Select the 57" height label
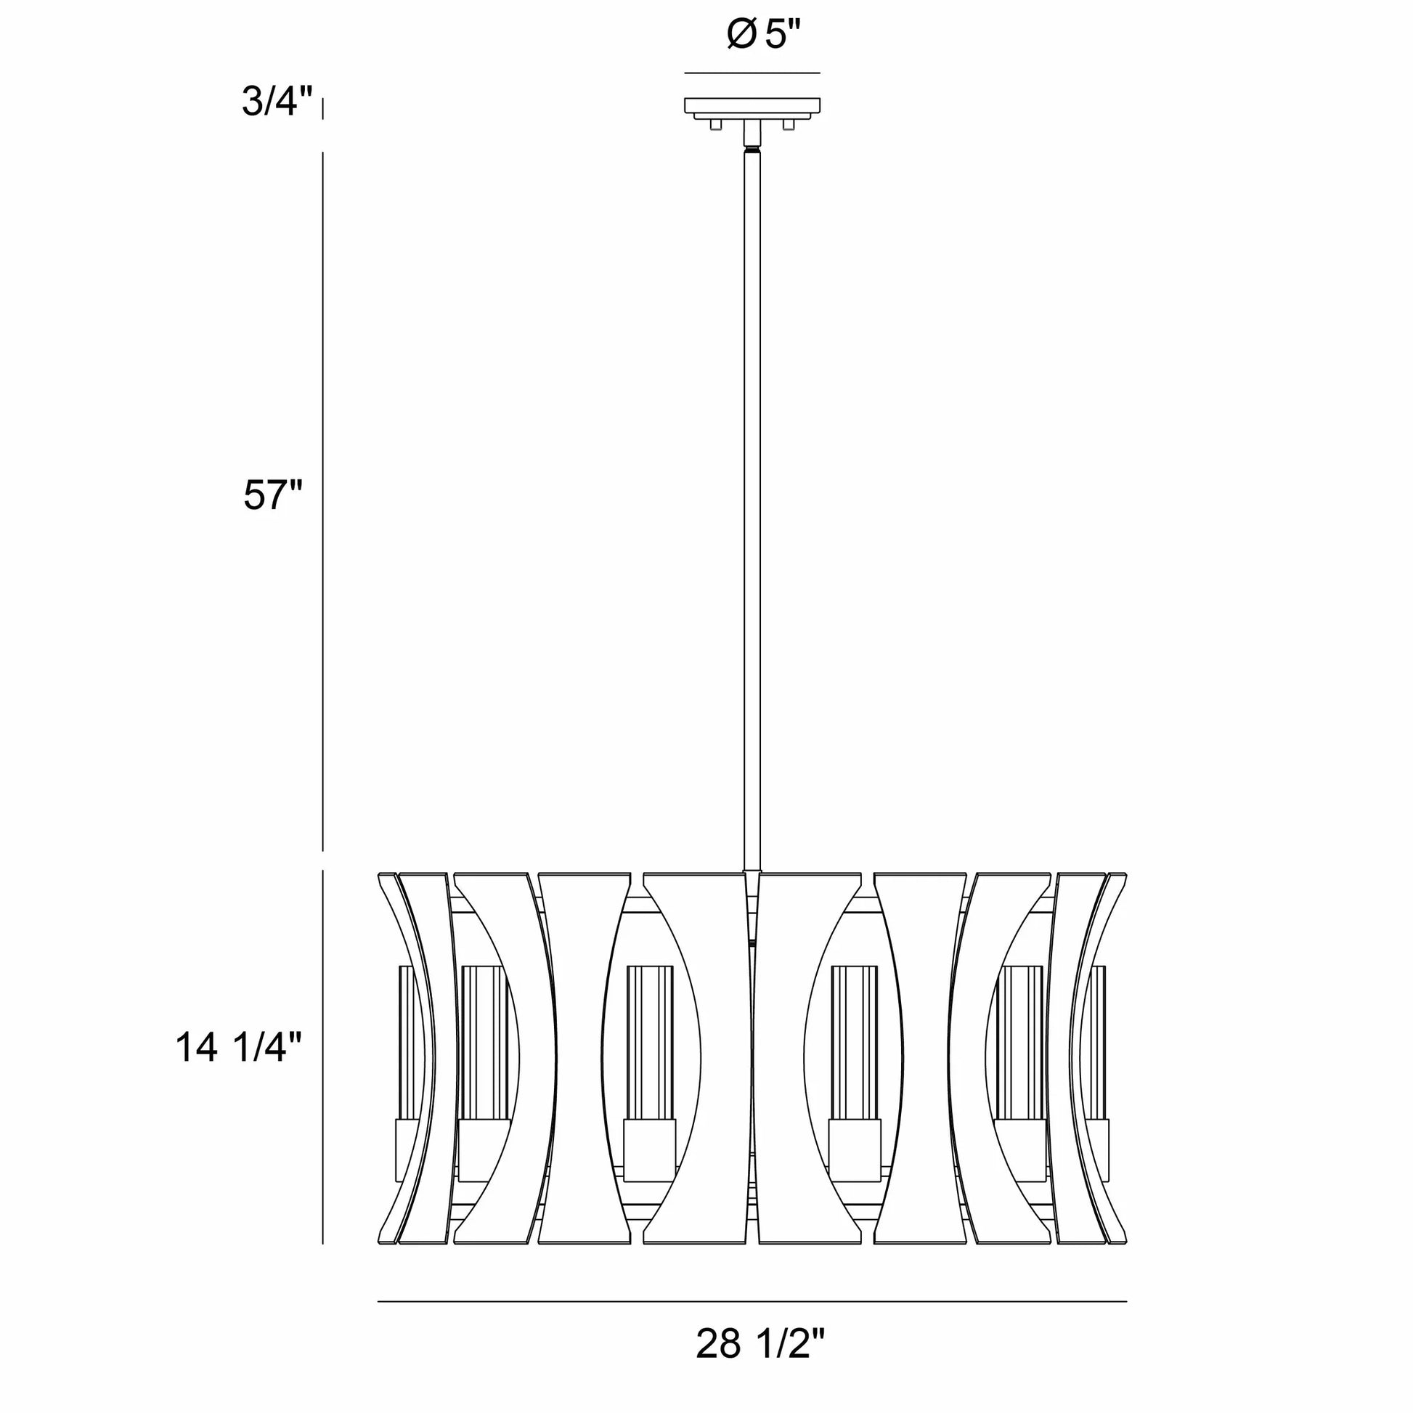point(273,495)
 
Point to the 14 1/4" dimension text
point(238,1047)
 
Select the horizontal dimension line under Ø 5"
point(752,73)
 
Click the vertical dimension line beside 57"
point(323,502)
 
